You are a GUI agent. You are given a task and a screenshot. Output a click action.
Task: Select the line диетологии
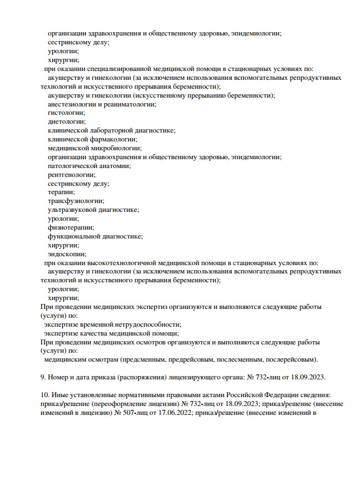[x=67, y=121]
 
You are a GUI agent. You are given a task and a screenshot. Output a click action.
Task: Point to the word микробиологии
[x=113, y=148]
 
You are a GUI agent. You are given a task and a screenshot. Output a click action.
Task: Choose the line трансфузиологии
[x=75, y=201]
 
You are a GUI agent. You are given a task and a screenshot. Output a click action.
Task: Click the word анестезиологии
[x=74, y=104]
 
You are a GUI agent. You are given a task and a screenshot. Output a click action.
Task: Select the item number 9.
[x=44, y=377]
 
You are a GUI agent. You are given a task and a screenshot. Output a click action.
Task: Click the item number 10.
[x=45, y=394]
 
